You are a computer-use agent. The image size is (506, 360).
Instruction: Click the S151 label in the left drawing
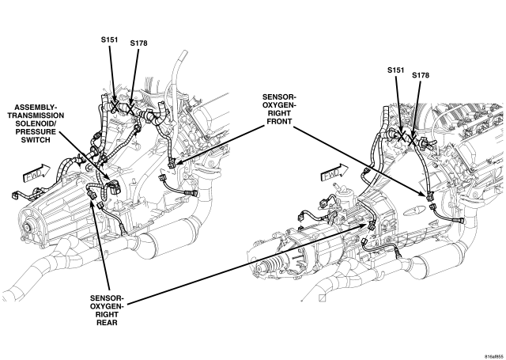click(109, 40)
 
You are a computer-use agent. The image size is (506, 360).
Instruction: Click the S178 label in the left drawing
click(139, 43)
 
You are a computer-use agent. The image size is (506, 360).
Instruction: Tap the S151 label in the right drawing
click(396, 70)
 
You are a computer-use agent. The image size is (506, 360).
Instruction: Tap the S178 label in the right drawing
click(421, 75)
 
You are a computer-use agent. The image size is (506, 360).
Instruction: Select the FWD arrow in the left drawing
click(37, 174)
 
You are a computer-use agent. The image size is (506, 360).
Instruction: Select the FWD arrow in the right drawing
click(334, 173)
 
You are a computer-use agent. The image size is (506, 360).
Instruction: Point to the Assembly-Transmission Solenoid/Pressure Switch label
click(36, 123)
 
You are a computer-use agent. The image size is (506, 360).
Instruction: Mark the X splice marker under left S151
click(115, 105)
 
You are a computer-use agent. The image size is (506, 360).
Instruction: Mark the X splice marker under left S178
click(130, 108)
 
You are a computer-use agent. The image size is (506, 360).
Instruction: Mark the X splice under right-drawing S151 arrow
click(402, 136)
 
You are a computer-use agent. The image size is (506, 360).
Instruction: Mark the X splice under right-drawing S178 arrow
click(413, 140)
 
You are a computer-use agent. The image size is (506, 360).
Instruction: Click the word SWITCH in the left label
click(36, 140)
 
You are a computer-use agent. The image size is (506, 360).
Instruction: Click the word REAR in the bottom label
click(107, 323)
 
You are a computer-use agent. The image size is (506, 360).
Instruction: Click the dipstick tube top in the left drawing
click(184, 53)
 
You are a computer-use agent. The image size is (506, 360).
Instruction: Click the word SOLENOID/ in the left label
click(36, 123)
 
